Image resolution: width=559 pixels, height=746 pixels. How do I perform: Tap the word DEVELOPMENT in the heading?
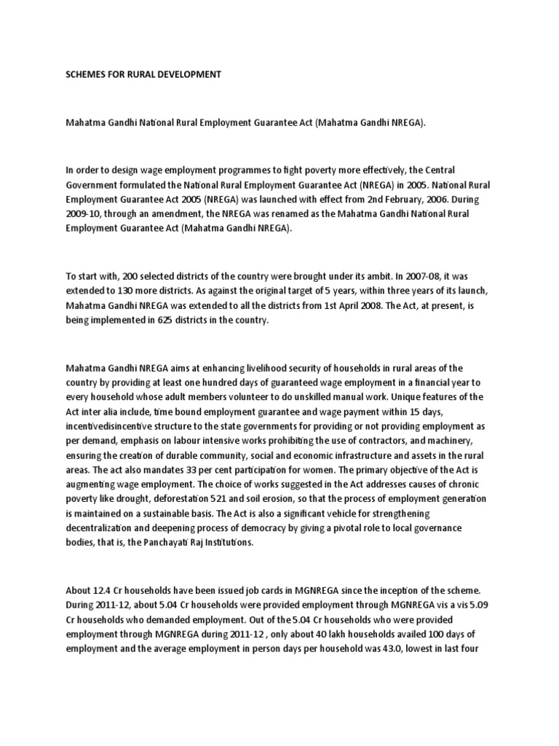tap(187, 75)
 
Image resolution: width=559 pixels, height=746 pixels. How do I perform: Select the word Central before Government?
tap(472, 170)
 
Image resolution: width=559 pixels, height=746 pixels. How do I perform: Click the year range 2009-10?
tap(84, 213)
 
